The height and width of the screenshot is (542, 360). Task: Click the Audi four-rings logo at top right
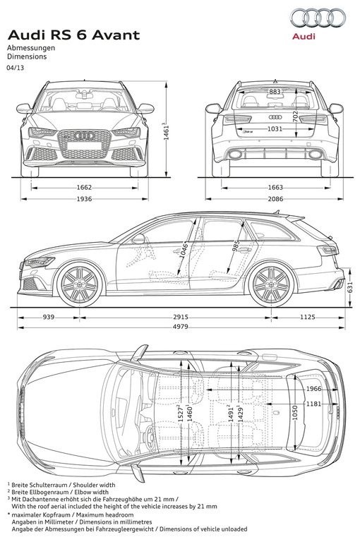pyautogui.click(x=318, y=18)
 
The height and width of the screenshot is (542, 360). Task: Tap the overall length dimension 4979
pyautogui.click(x=180, y=327)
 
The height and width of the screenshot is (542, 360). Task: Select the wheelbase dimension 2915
pyautogui.click(x=181, y=317)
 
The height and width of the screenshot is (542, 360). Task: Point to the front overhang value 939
pyautogui.click(x=49, y=317)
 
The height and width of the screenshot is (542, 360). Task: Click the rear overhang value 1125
pyautogui.click(x=308, y=317)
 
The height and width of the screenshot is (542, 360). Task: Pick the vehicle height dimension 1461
pyautogui.click(x=167, y=131)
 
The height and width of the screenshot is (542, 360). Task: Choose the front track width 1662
pyautogui.click(x=84, y=188)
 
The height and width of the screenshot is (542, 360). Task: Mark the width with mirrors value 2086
pyautogui.click(x=275, y=199)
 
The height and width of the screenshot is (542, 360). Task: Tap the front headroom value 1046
pyautogui.click(x=184, y=251)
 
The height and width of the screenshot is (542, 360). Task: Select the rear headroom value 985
pyautogui.click(x=236, y=246)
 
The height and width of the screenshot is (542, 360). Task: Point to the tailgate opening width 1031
pyautogui.click(x=275, y=129)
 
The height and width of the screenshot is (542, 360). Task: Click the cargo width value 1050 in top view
pyautogui.click(x=295, y=412)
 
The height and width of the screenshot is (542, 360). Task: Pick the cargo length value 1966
pyautogui.click(x=313, y=389)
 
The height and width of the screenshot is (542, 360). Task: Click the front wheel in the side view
pyautogui.click(x=80, y=284)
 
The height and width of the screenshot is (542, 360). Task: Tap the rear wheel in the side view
pyautogui.click(x=272, y=284)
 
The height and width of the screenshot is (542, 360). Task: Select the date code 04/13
pyautogui.click(x=16, y=68)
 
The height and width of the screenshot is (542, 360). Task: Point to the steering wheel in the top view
pyautogui.click(x=150, y=438)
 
